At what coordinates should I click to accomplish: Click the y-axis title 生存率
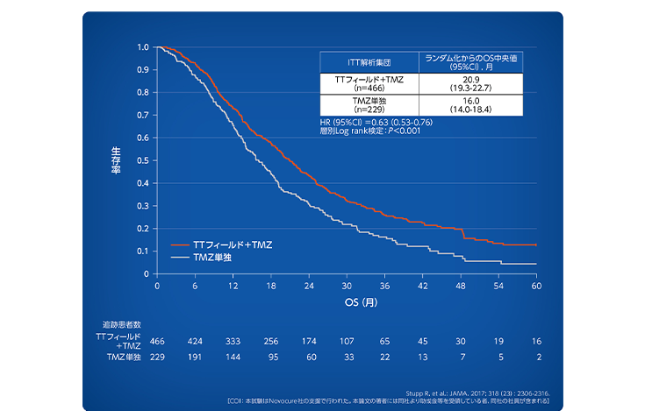pos(116,160)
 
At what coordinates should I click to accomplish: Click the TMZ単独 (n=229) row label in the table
pos(369,105)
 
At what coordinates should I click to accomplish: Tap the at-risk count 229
pos(158,358)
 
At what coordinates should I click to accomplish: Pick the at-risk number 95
pos(271,358)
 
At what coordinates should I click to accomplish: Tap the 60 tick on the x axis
pos(535,286)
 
